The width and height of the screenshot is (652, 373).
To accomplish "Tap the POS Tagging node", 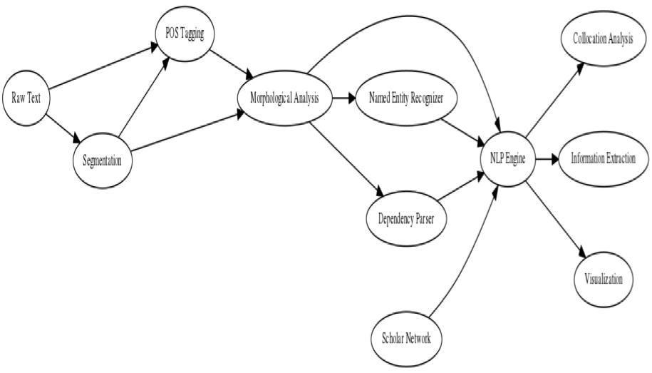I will [185, 34].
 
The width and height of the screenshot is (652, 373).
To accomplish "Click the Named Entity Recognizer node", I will [407, 98].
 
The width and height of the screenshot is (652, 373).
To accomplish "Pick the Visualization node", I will [603, 280].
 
